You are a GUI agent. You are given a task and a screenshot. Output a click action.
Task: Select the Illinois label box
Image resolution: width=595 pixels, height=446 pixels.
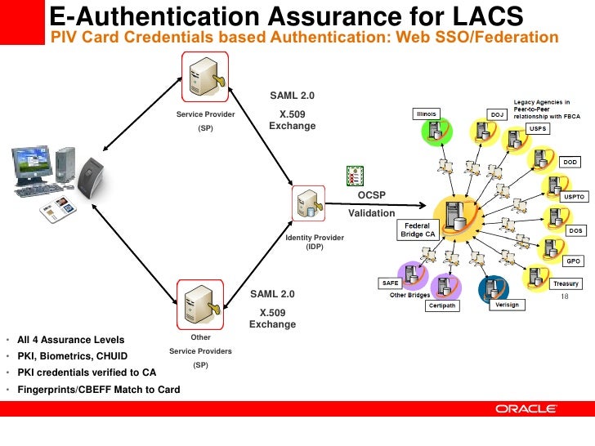[x=426, y=114]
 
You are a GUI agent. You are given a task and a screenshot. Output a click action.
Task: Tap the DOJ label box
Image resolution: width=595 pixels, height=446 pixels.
[x=498, y=114]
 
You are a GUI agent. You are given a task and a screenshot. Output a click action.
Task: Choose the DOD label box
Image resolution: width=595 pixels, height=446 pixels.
[x=570, y=162]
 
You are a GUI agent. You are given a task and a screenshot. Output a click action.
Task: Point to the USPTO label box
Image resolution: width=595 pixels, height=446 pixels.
[x=572, y=197]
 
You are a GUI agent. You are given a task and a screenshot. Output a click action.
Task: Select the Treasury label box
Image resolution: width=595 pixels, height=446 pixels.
[x=566, y=283]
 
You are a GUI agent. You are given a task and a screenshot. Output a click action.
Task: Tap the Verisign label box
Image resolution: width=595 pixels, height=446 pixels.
[x=507, y=305]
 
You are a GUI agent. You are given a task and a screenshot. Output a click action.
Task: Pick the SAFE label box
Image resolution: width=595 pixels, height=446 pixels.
[x=390, y=283]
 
